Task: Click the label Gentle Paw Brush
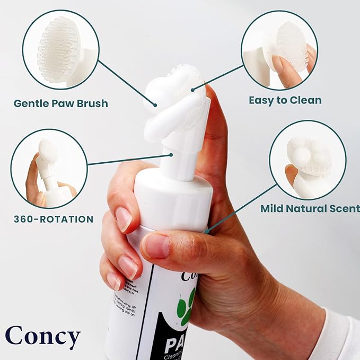[61, 103]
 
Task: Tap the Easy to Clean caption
[285, 100]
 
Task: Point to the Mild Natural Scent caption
[310, 208]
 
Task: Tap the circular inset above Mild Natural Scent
[308, 160]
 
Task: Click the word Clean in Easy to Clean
[305, 100]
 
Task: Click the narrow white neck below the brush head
[174, 157]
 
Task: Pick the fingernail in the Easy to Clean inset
[277, 64]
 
